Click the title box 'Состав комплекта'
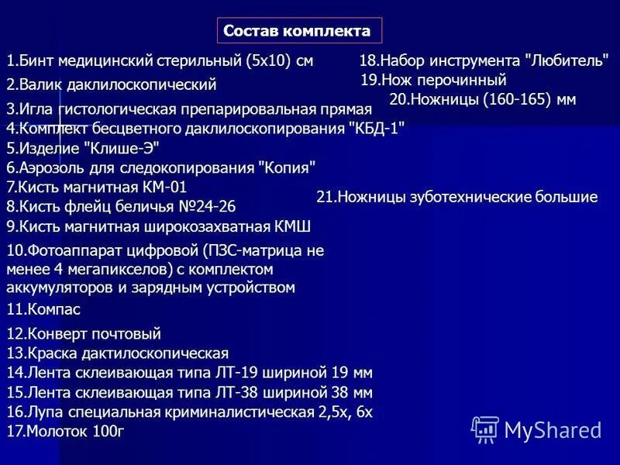[298, 31]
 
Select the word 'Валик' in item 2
[38, 84]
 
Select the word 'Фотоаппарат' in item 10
[71, 250]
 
